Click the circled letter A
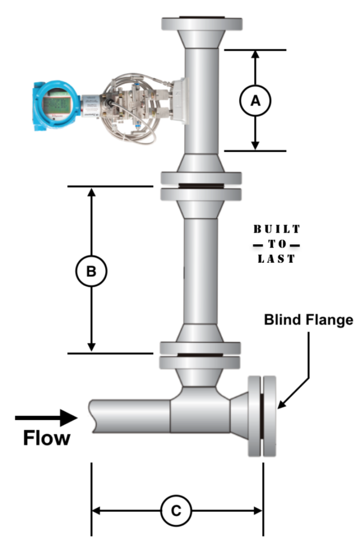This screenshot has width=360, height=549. (x=255, y=100)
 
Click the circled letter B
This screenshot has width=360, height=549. (x=92, y=271)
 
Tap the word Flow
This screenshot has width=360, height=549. (x=47, y=438)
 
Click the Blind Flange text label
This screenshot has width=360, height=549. (x=308, y=320)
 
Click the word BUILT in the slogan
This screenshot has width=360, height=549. (x=277, y=229)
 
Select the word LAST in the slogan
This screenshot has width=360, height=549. (x=277, y=259)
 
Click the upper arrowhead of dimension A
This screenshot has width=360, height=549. (x=255, y=54)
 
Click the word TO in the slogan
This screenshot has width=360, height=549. (x=277, y=244)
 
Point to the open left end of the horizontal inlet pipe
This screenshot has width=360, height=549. (x=92, y=416)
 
